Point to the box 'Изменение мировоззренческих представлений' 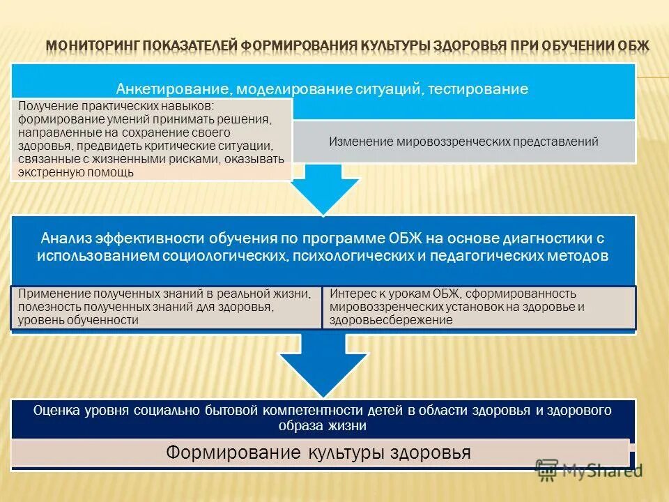(x=463, y=142)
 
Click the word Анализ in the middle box (x=65, y=238)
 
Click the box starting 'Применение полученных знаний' (x=166, y=307)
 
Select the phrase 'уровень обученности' (x=78, y=320)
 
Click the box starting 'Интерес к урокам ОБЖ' (x=479, y=307)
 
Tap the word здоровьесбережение (x=392, y=320)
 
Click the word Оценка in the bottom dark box (x=56, y=411)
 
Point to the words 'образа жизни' (x=323, y=425)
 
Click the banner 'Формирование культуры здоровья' (x=319, y=453)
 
